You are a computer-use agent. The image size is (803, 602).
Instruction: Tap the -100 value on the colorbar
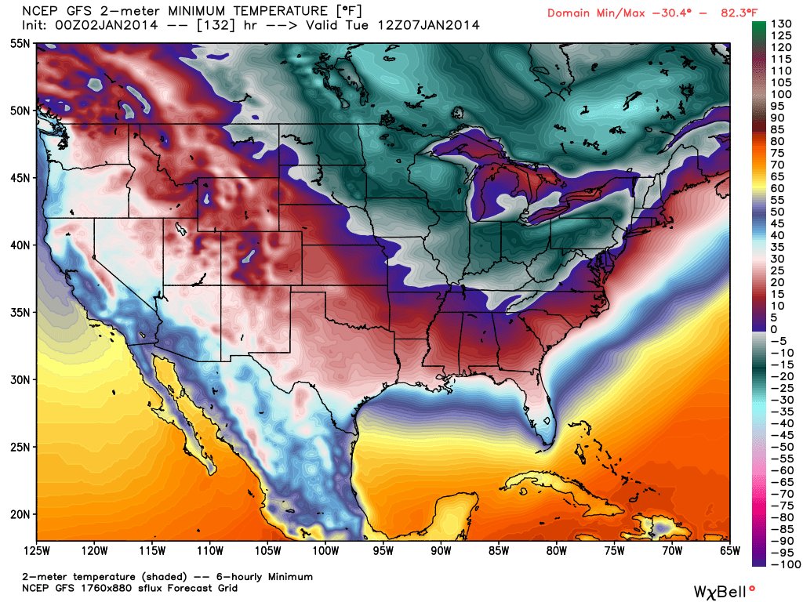coord(783,564)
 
